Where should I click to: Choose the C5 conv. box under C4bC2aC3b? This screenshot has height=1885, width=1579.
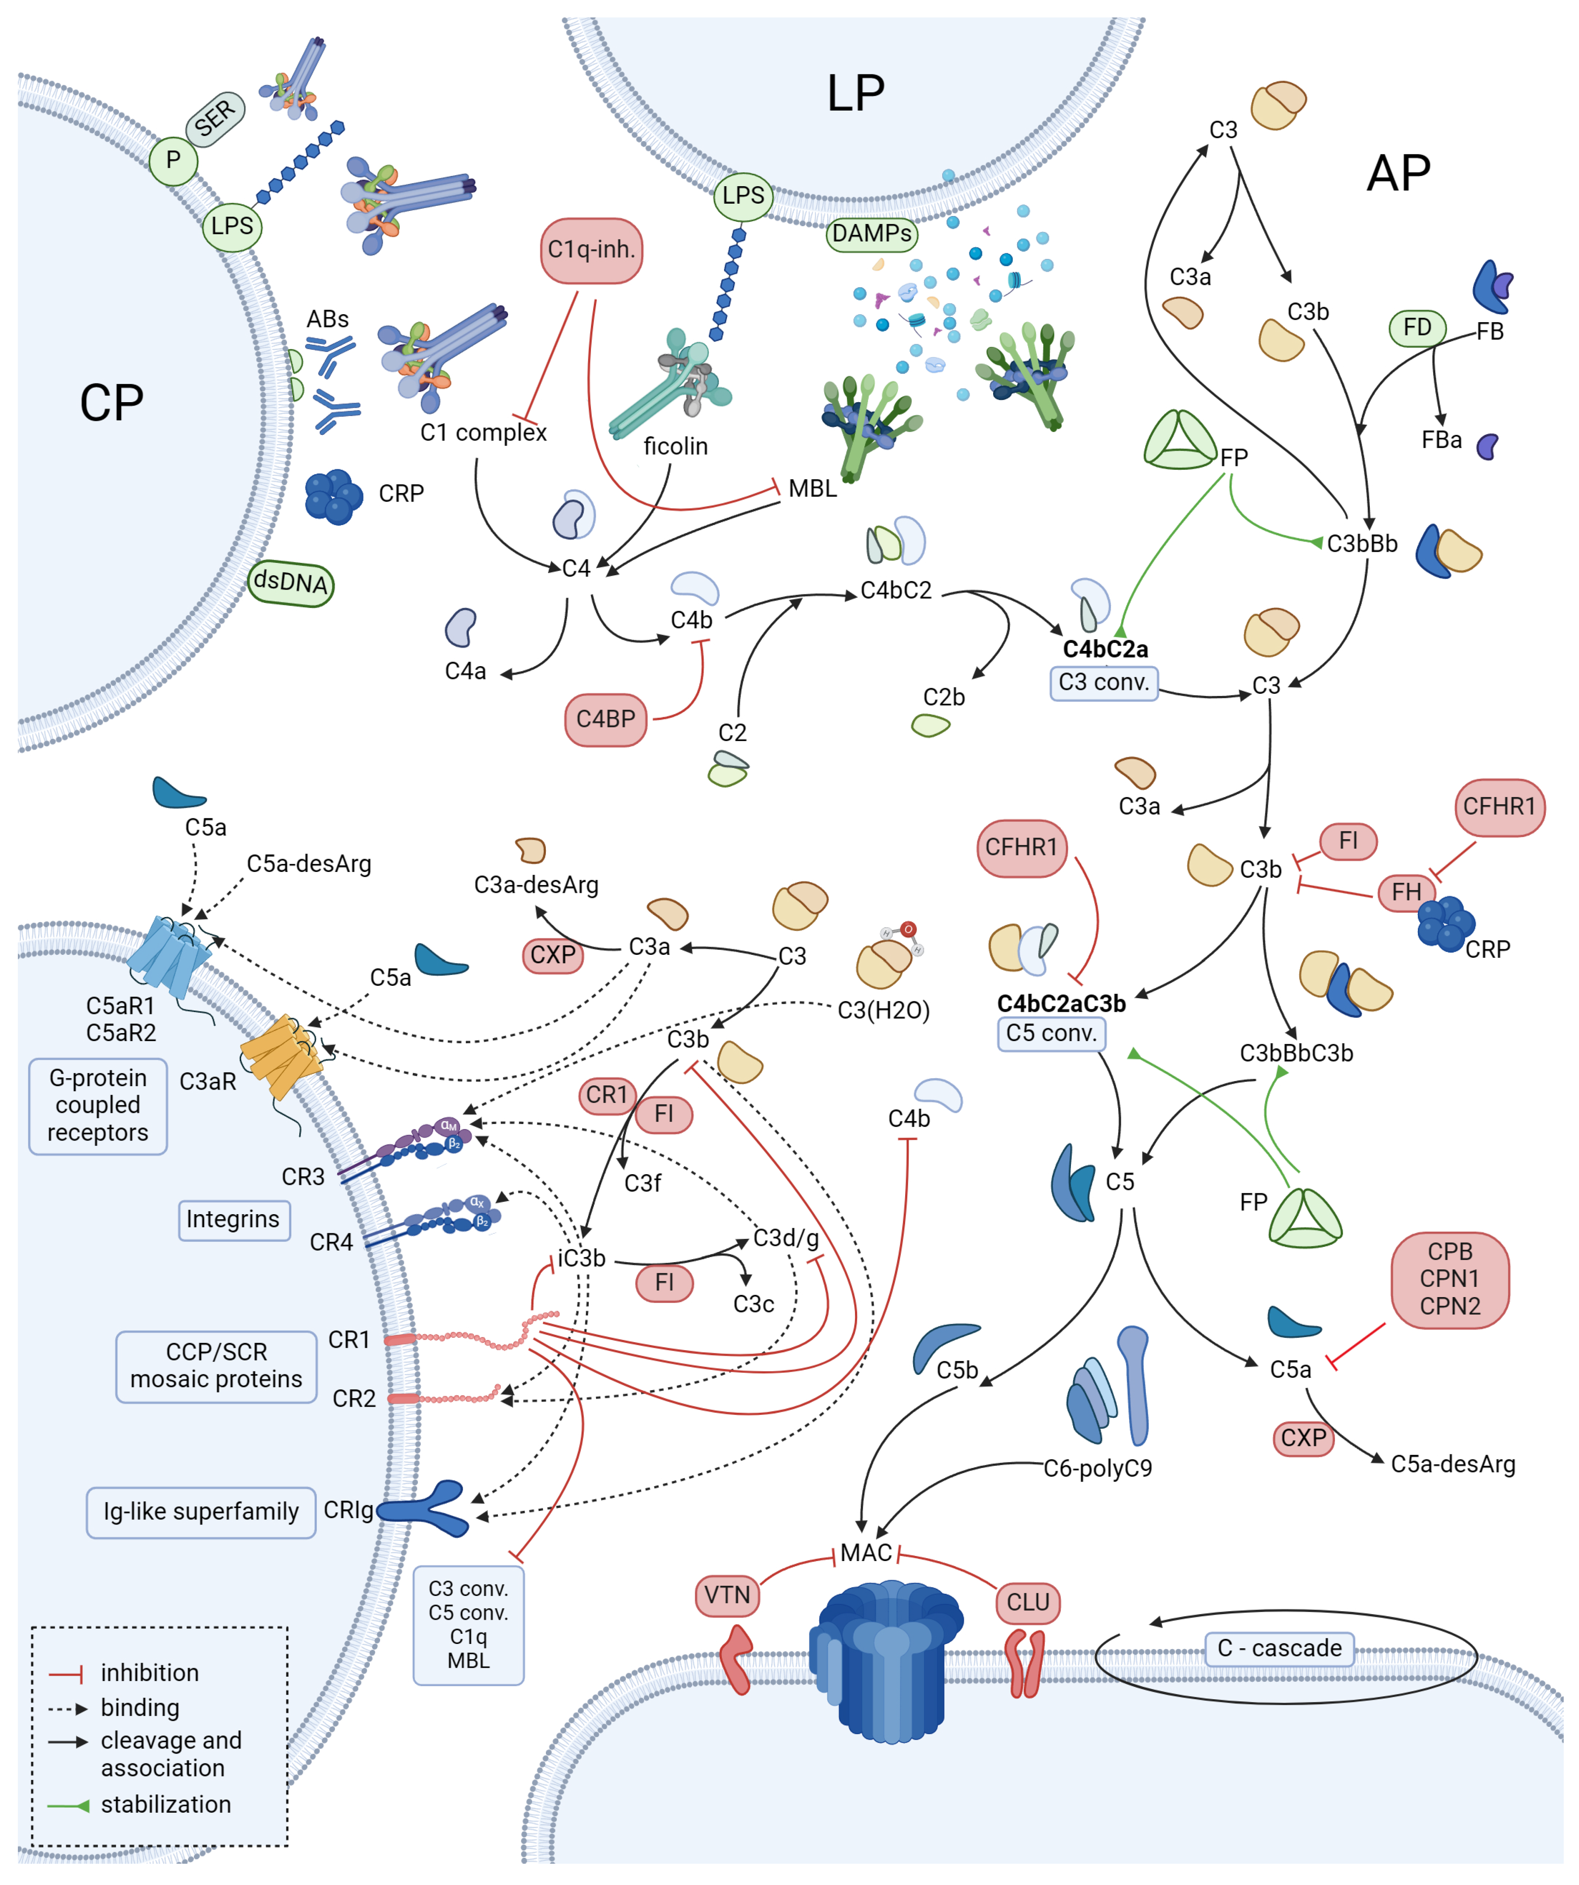[x=1051, y=1033]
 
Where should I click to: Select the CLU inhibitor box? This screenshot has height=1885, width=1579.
[x=1028, y=1602]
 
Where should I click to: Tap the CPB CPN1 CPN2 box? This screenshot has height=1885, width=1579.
[x=1450, y=1279]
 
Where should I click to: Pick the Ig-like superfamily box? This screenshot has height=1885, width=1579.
[x=201, y=1512]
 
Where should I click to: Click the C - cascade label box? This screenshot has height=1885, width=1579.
[x=1279, y=1648]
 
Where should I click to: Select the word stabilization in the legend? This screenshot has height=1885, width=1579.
[x=166, y=1804]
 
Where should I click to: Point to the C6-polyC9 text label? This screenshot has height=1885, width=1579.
[x=1097, y=1468]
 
